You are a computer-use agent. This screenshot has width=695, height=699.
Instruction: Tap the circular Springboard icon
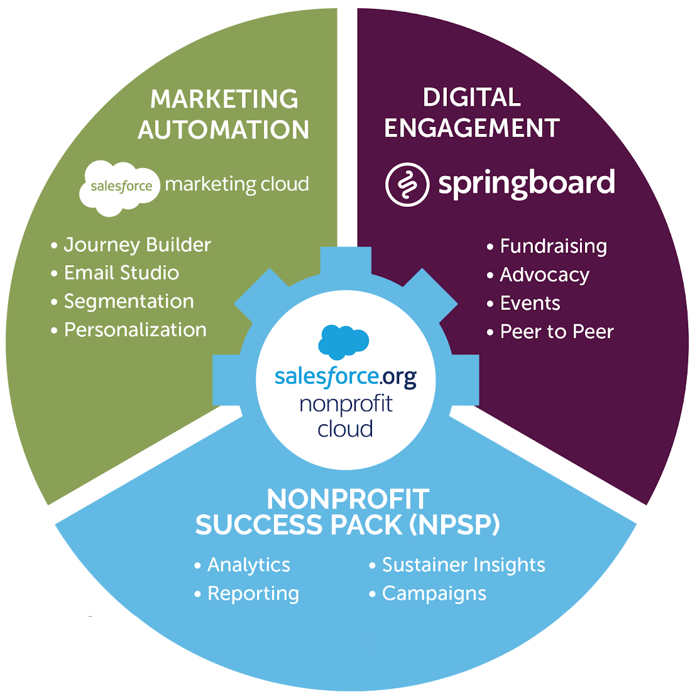point(407,184)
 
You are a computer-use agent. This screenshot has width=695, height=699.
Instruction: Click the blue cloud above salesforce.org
point(343,341)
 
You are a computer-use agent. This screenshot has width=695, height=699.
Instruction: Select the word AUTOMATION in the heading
point(224,130)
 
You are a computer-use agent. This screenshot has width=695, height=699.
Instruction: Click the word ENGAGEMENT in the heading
point(472,128)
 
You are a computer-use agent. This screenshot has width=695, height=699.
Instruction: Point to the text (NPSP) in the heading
point(454,525)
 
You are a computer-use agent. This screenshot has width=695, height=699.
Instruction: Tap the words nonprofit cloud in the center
point(346,416)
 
